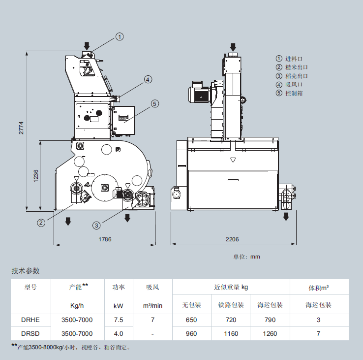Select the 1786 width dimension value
click(x=104, y=239)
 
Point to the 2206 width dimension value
click(x=232, y=239)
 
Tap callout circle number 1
click(x=120, y=36)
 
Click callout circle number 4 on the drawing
click(x=148, y=79)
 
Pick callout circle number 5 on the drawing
click(x=154, y=103)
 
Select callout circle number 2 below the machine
click(x=41, y=222)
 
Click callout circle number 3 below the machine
click(x=97, y=225)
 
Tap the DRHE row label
click(x=30, y=320)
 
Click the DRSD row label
click(x=30, y=333)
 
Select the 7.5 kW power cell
click(x=119, y=320)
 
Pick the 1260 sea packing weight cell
click(x=270, y=333)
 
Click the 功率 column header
click(x=119, y=287)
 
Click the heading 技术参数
click(x=26, y=271)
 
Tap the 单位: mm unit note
click(x=246, y=257)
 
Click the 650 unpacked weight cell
click(x=191, y=320)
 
